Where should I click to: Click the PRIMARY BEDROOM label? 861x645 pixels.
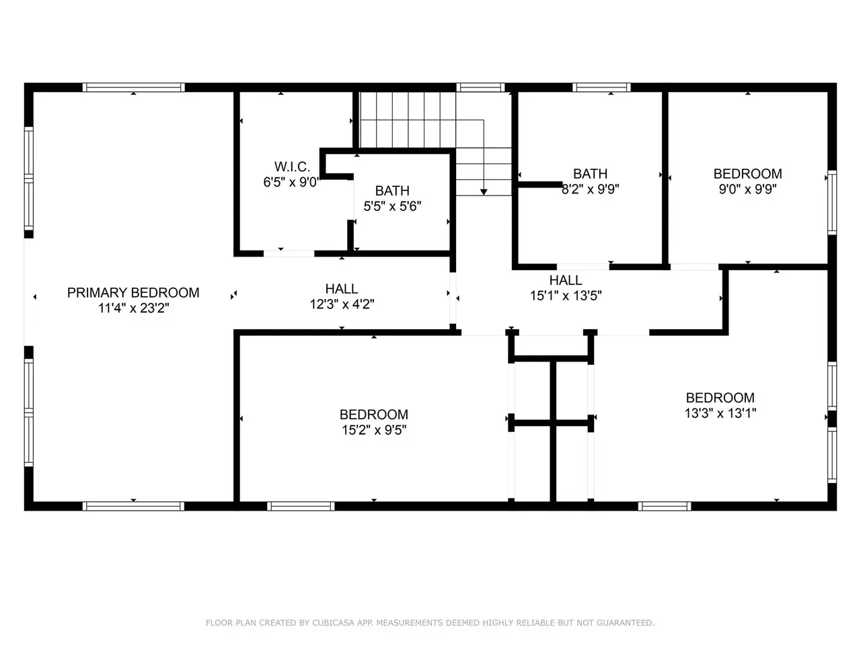point(133,292)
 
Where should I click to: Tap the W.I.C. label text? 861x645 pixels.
point(292,167)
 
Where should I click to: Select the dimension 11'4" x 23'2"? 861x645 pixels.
point(133,308)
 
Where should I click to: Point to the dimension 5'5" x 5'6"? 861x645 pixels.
point(392,206)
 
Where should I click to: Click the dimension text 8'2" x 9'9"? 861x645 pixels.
point(591,189)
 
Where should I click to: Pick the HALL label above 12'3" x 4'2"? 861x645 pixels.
point(342,289)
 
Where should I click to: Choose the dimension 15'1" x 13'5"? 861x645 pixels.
point(566,296)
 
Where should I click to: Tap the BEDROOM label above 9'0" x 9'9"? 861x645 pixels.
point(747,173)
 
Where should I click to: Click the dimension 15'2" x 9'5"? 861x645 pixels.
point(374,430)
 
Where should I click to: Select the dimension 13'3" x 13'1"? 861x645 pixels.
point(720,413)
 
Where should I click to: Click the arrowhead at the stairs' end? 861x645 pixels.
point(484,192)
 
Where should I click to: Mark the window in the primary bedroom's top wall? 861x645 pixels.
point(133,87)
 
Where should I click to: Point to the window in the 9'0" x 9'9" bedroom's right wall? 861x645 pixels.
point(832,202)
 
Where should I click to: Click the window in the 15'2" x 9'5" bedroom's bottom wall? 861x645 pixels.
point(301,507)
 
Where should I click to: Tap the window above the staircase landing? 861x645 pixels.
point(480,87)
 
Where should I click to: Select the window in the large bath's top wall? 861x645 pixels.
point(601,87)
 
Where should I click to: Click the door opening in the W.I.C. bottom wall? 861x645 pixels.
point(289,253)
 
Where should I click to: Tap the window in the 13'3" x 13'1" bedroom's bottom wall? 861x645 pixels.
point(665,507)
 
